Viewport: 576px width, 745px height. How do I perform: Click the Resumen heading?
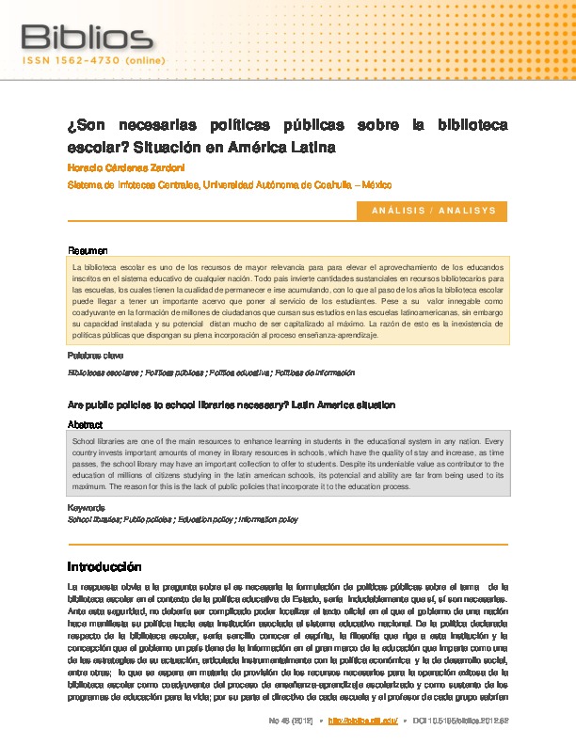pyautogui.click(x=88, y=250)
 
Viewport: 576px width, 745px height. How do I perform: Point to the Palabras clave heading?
pyautogui.click(x=95, y=356)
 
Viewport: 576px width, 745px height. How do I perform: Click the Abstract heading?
pyautogui.click(x=87, y=424)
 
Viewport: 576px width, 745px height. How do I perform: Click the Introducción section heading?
pyautogui.click(x=104, y=567)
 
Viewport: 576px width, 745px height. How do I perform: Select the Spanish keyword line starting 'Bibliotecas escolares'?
pyautogui.click(x=211, y=372)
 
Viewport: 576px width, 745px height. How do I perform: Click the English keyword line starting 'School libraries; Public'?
pyautogui.click(x=184, y=519)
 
